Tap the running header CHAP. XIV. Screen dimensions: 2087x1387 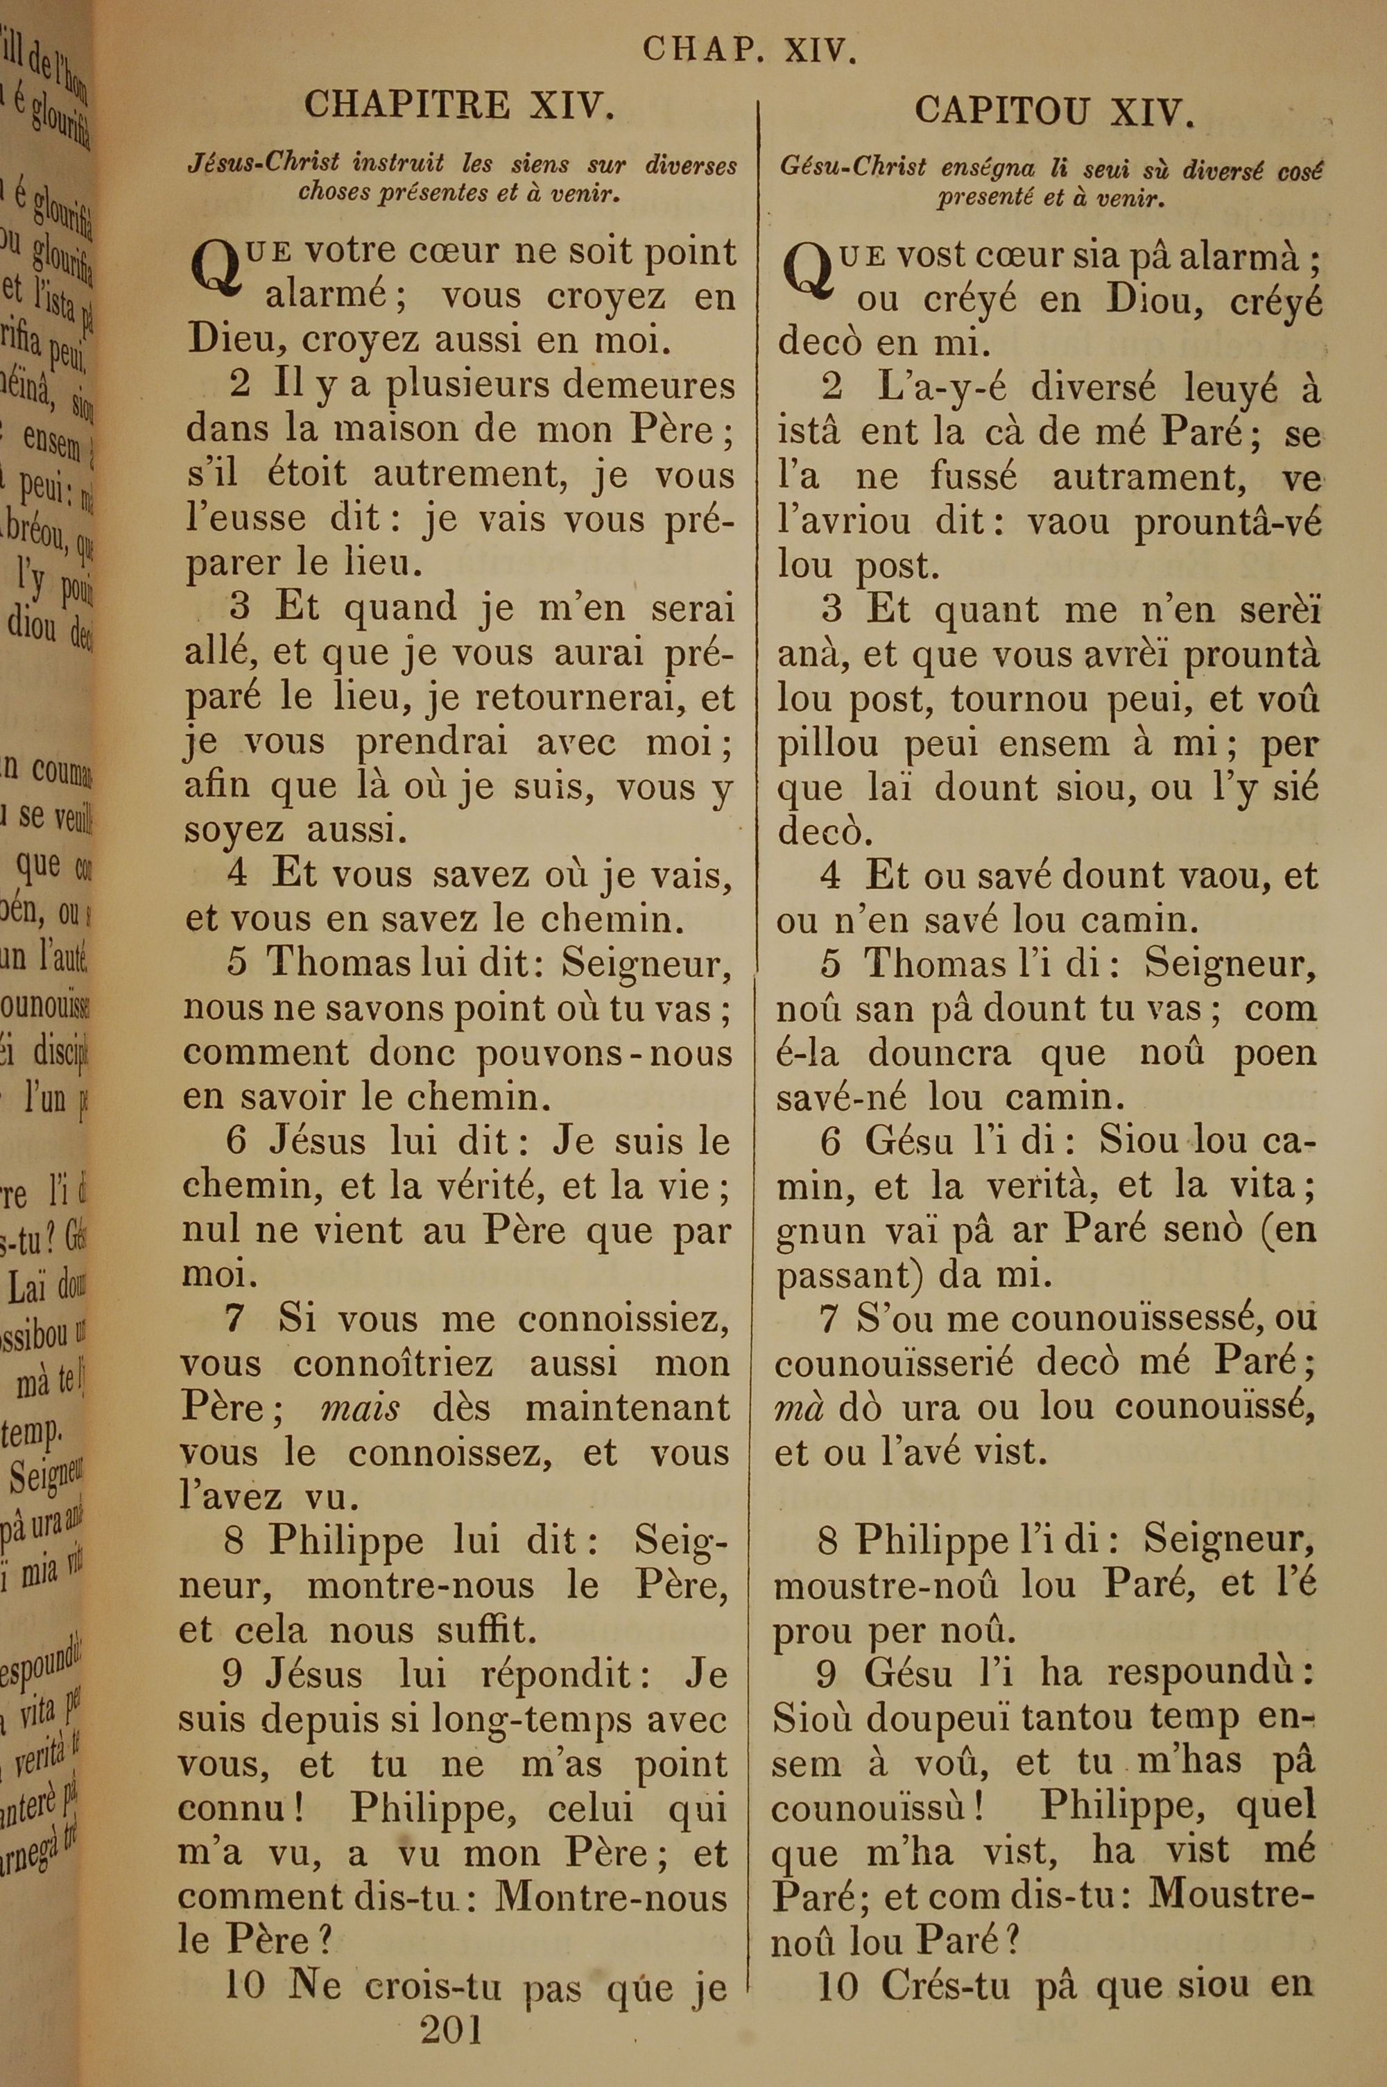[750, 49]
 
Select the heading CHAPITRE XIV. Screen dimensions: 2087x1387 [459, 106]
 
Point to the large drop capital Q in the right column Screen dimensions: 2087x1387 [806, 269]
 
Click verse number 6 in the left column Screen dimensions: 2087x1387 [236, 1141]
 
